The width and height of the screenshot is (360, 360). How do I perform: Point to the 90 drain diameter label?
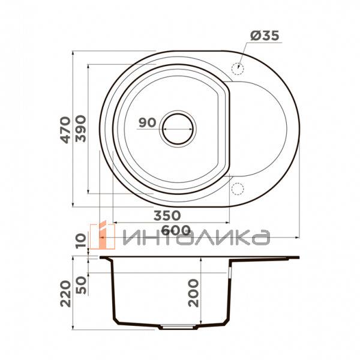point(147,122)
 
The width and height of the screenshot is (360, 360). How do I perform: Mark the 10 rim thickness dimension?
point(82,242)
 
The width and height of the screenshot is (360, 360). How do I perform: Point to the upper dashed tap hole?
point(238,67)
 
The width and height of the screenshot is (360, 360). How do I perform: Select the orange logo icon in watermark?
point(98,236)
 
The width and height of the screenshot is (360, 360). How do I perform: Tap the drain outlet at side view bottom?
point(178,328)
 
